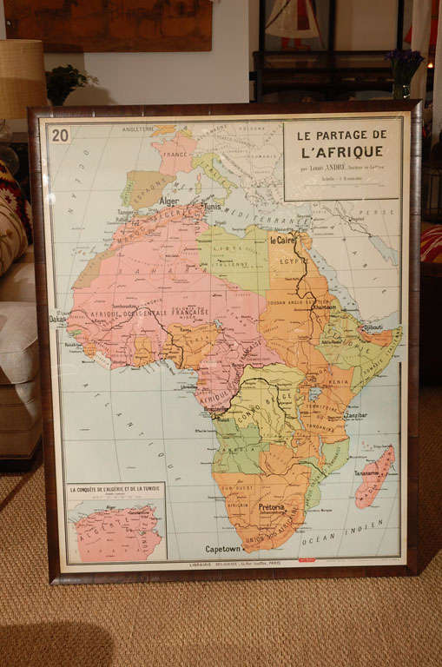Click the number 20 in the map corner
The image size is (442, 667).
point(60,135)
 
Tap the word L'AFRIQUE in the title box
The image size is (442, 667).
point(342,151)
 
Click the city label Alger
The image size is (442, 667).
point(168,201)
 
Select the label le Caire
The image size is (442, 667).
point(283,240)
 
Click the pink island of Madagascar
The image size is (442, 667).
point(374,476)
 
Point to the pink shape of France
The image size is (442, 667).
point(175,153)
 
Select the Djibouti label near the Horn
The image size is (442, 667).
point(374,328)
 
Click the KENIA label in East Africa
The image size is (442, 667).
point(338,380)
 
